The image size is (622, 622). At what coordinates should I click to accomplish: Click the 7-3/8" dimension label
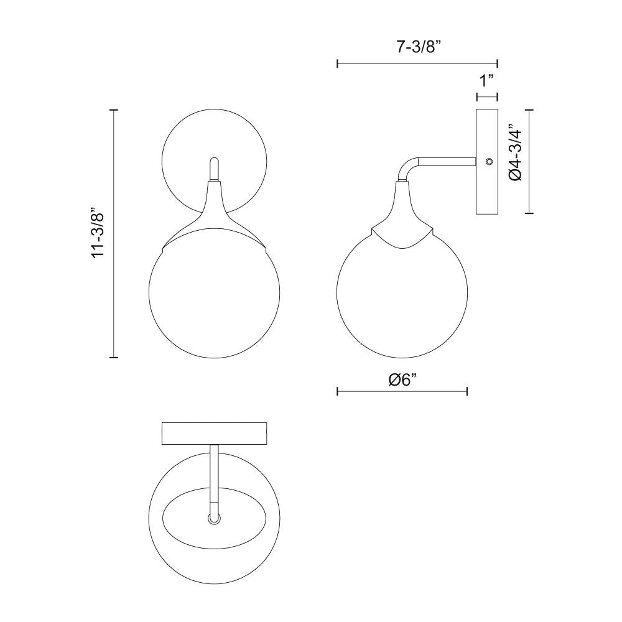pyautogui.click(x=417, y=48)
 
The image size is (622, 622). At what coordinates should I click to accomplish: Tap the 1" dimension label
pyautogui.click(x=486, y=81)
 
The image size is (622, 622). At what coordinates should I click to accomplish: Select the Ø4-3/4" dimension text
pyautogui.click(x=515, y=155)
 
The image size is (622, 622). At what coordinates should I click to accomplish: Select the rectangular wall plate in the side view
pyautogui.click(x=487, y=187)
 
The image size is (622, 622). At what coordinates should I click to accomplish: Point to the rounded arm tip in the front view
pyautogui.click(x=213, y=161)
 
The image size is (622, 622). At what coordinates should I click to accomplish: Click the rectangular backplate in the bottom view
pyautogui.click(x=214, y=434)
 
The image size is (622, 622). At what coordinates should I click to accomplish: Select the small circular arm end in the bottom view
pyautogui.click(x=214, y=518)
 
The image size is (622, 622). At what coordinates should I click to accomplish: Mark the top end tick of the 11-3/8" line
pyautogui.click(x=114, y=109)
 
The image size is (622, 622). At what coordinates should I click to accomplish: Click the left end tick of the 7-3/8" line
pyautogui.click(x=337, y=63)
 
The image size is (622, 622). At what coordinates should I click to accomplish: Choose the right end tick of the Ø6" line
pyautogui.click(x=467, y=391)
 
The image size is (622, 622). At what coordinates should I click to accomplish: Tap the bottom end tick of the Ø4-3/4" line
pyautogui.click(x=529, y=213)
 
